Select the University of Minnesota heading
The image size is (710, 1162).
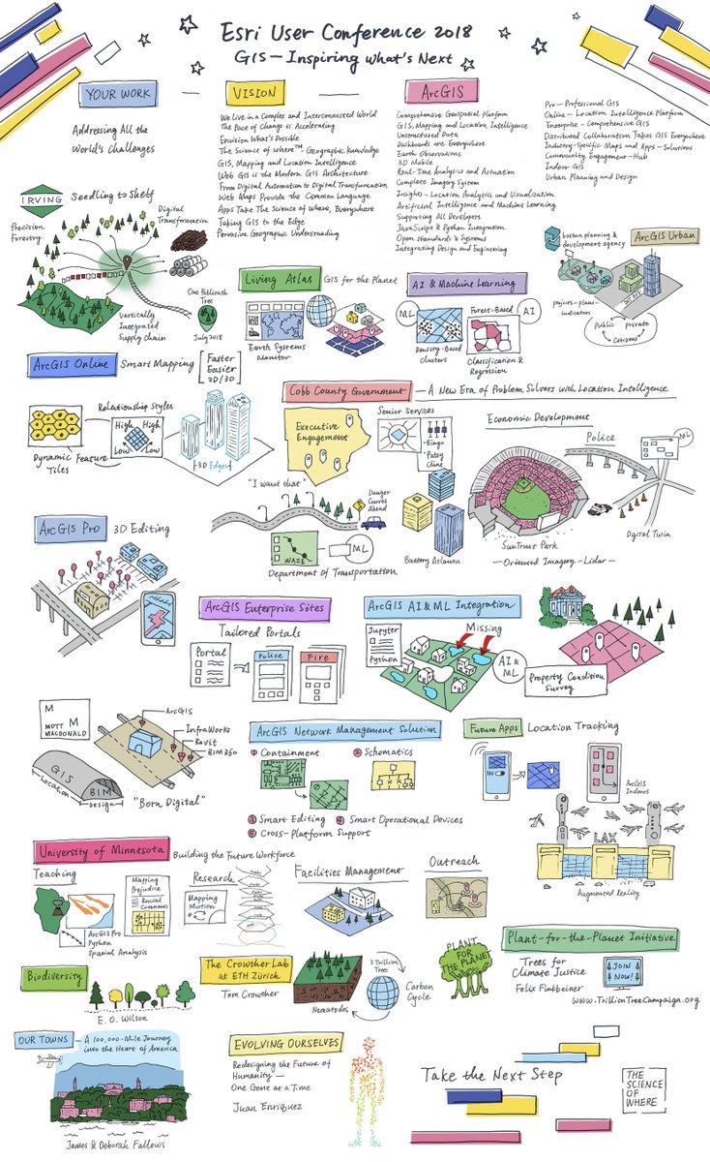(x=100, y=853)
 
